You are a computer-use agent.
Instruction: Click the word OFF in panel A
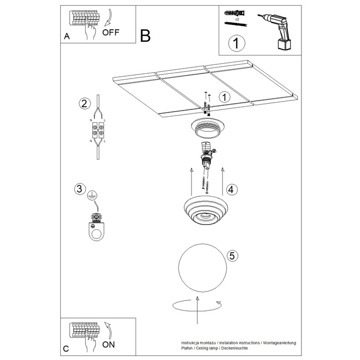111,32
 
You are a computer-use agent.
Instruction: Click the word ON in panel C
109,344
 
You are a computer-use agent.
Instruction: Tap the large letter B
145,36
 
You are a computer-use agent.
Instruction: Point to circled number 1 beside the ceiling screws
224,97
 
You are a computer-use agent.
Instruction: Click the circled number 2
83,103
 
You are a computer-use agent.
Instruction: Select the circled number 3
80,188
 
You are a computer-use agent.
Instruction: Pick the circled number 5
233,256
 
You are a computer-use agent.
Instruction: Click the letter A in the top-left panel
66,36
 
